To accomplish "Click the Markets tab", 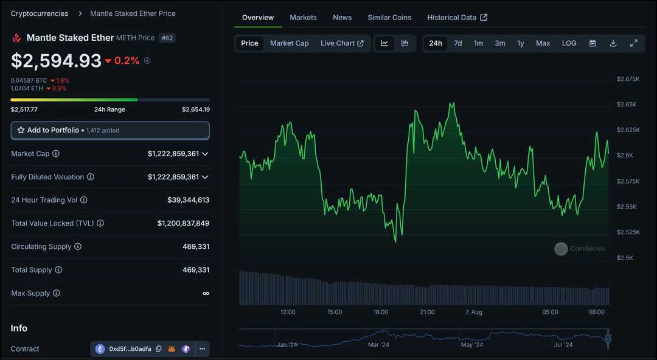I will click(303, 18).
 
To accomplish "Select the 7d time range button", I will click(458, 43).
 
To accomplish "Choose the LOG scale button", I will click(569, 43).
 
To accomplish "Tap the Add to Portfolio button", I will click(110, 130).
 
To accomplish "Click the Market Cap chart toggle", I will click(289, 43).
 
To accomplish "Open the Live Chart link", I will click(342, 43).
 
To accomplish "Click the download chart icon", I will click(613, 43).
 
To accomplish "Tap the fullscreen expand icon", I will click(633, 43).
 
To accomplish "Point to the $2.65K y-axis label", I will click(626, 105).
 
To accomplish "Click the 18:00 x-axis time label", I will click(381, 312).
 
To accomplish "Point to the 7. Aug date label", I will click(473, 312).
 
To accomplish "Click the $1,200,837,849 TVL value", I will click(183, 223).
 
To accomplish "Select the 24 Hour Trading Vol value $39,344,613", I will click(188, 200).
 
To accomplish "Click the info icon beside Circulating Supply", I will click(78, 247).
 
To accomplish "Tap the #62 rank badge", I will click(167, 38).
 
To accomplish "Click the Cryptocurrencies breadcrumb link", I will click(40, 13).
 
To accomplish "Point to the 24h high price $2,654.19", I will click(195, 109).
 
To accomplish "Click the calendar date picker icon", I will click(593, 43).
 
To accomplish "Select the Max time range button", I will click(543, 43).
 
